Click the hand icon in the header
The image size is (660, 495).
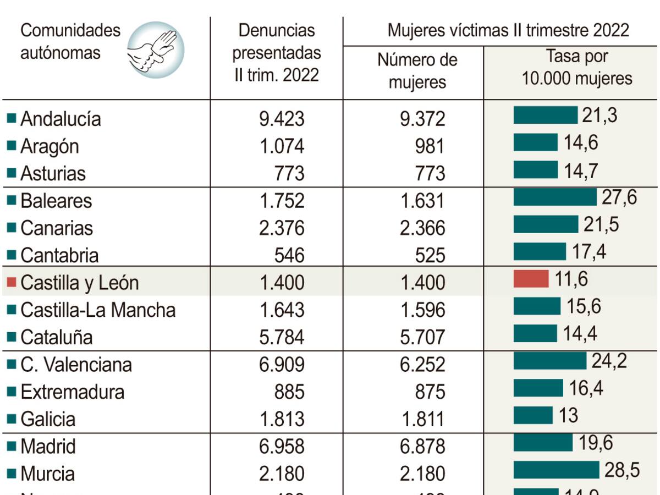[x=156, y=50]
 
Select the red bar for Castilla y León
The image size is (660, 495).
[x=531, y=279]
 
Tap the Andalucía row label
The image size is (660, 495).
[x=61, y=119]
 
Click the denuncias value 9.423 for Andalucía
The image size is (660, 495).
[x=282, y=119]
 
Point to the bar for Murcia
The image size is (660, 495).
[x=555, y=470]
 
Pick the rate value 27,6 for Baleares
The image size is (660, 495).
[x=619, y=197]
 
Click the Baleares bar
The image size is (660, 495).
[x=554, y=197]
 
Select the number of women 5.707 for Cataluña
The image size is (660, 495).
[x=422, y=337]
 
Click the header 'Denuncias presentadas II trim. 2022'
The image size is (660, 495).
[x=277, y=53]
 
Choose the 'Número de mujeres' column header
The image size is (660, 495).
[x=417, y=70]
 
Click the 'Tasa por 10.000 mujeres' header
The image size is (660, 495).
[x=576, y=67]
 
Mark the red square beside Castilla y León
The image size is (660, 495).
[x=12, y=283]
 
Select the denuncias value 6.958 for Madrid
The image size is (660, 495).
[x=282, y=447]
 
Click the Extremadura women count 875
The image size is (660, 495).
[x=430, y=392]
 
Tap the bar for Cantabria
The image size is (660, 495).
[x=539, y=251]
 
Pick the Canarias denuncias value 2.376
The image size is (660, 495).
[x=282, y=228]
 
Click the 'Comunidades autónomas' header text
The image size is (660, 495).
[x=70, y=42]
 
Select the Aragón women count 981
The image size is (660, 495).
[x=430, y=146]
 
